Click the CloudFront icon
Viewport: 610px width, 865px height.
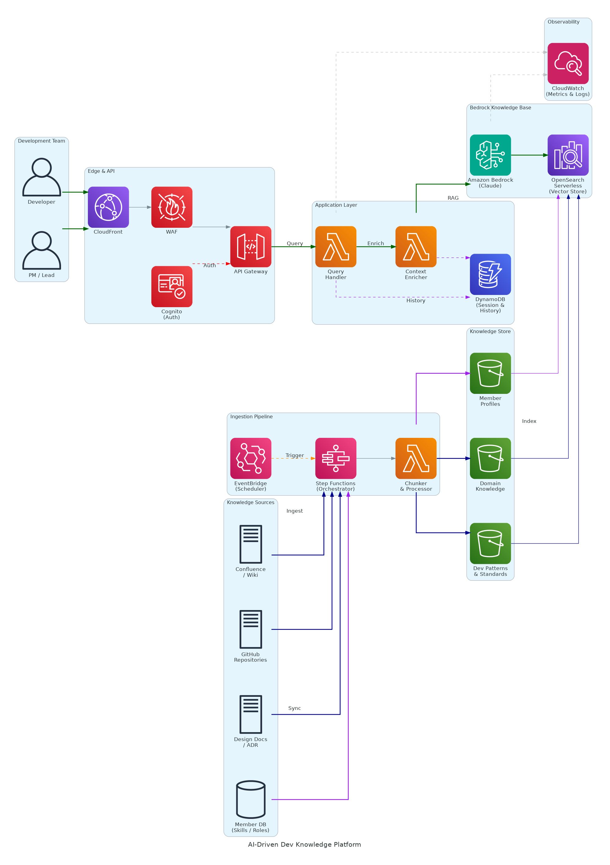pos(108,207)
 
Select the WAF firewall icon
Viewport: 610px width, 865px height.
pos(172,207)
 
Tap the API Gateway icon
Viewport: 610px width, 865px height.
pos(251,247)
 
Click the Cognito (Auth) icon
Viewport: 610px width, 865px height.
pos(172,287)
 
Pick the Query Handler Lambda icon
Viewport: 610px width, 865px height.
pos(336,247)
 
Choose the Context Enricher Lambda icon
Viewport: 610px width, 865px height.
pos(416,247)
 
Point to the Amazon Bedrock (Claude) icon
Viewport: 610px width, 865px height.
pos(490,155)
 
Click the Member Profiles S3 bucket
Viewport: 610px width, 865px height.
pos(490,373)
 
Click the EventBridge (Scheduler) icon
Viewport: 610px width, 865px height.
pos(251,459)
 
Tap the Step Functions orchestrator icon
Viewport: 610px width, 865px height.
pos(336,459)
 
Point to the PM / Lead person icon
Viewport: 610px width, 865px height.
pos(42,251)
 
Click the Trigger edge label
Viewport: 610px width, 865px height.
pos(294,456)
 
